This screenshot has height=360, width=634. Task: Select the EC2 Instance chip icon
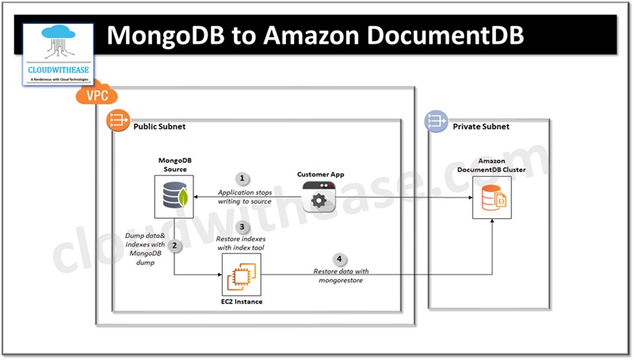tap(240, 275)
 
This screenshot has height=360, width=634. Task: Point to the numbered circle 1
tap(243, 178)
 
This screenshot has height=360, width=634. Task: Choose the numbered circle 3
tap(243, 226)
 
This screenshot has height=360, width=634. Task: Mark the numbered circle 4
tap(339, 259)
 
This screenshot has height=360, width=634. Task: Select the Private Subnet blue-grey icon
tap(436, 121)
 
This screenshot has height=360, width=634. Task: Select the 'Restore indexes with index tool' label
tap(242, 243)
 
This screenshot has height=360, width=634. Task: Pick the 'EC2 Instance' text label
tap(240, 302)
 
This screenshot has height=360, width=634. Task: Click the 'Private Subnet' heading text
tap(480, 127)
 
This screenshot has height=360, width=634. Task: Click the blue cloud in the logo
tap(57, 35)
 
